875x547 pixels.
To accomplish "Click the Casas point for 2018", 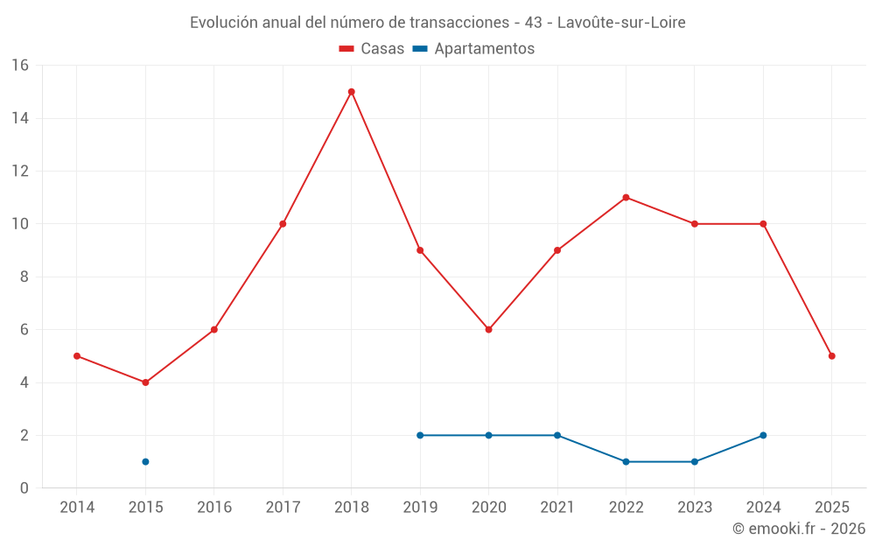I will click(351, 92).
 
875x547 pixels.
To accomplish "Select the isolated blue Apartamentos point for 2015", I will click(145, 461).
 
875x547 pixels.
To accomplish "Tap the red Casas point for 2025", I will click(831, 356).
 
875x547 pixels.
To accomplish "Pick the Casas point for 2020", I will click(488, 330).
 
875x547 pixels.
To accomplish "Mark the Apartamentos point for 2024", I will click(763, 435).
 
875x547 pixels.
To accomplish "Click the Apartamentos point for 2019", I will click(420, 435).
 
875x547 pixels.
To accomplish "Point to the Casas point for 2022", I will click(626, 198).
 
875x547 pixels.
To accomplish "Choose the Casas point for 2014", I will click(77, 356).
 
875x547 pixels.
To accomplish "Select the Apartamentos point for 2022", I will click(626, 461).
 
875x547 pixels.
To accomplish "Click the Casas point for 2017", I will click(283, 224).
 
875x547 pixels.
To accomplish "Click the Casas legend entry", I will click(372, 49).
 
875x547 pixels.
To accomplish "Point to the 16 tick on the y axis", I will click(20, 66).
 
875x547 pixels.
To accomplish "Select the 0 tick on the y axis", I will click(24, 488).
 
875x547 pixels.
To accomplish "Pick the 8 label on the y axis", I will click(24, 277).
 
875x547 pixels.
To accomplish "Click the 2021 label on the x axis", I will click(557, 508).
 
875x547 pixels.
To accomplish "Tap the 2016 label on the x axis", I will click(214, 508).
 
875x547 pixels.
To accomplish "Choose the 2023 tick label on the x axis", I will click(695, 508).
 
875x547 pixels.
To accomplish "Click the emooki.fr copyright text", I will click(798, 529).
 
